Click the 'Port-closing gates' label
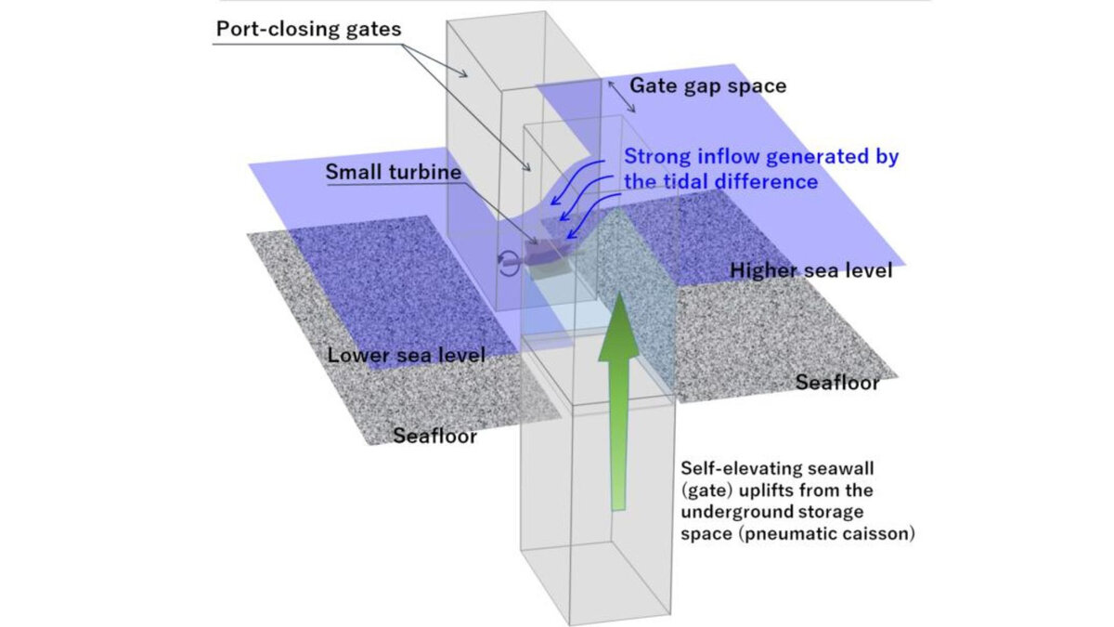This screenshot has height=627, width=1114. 308,28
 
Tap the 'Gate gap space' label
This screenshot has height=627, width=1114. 708,85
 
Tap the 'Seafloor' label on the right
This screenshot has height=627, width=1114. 836,383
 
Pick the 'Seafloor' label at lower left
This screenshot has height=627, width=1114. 435,435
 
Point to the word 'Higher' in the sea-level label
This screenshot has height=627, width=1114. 762,271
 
